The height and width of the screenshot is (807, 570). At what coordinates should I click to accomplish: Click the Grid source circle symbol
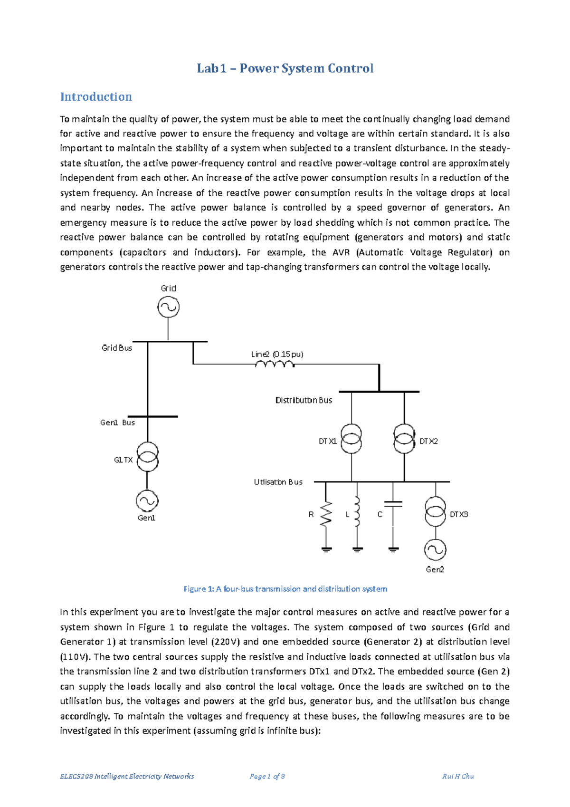point(168,307)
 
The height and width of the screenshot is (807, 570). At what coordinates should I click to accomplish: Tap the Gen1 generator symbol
point(147,500)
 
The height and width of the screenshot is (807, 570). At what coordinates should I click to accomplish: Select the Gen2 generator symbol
point(435,550)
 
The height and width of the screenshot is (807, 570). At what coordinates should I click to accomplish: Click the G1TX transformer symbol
point(147,457)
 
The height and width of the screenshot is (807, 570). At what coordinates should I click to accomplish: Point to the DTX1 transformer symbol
point(351,439)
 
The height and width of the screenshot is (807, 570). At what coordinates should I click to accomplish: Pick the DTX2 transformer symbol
point(404,439)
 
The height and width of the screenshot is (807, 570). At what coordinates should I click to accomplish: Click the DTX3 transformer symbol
point(435,512)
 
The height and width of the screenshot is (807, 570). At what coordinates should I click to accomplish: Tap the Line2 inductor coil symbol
point(275,364)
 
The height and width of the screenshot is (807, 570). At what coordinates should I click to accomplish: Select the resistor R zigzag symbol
point(326,514)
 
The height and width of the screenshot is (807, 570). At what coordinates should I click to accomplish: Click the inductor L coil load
point(357,512)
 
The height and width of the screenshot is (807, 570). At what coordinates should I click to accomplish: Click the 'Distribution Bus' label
point(304,400)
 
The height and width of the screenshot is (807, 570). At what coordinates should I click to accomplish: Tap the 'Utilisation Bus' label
point(278,482)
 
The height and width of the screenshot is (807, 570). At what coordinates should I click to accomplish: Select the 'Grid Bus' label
point(117,348)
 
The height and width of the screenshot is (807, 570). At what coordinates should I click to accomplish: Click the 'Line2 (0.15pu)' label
point(277,354)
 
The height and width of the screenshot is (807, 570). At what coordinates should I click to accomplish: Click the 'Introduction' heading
point(96,97)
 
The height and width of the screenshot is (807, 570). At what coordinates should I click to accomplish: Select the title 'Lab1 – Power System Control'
point(285,68)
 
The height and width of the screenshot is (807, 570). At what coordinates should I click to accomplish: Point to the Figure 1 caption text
point(285,589)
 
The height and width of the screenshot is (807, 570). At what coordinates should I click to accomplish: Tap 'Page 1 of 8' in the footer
point(267,776)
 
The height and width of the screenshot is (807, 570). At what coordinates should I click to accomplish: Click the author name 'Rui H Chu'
point(457,776)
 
